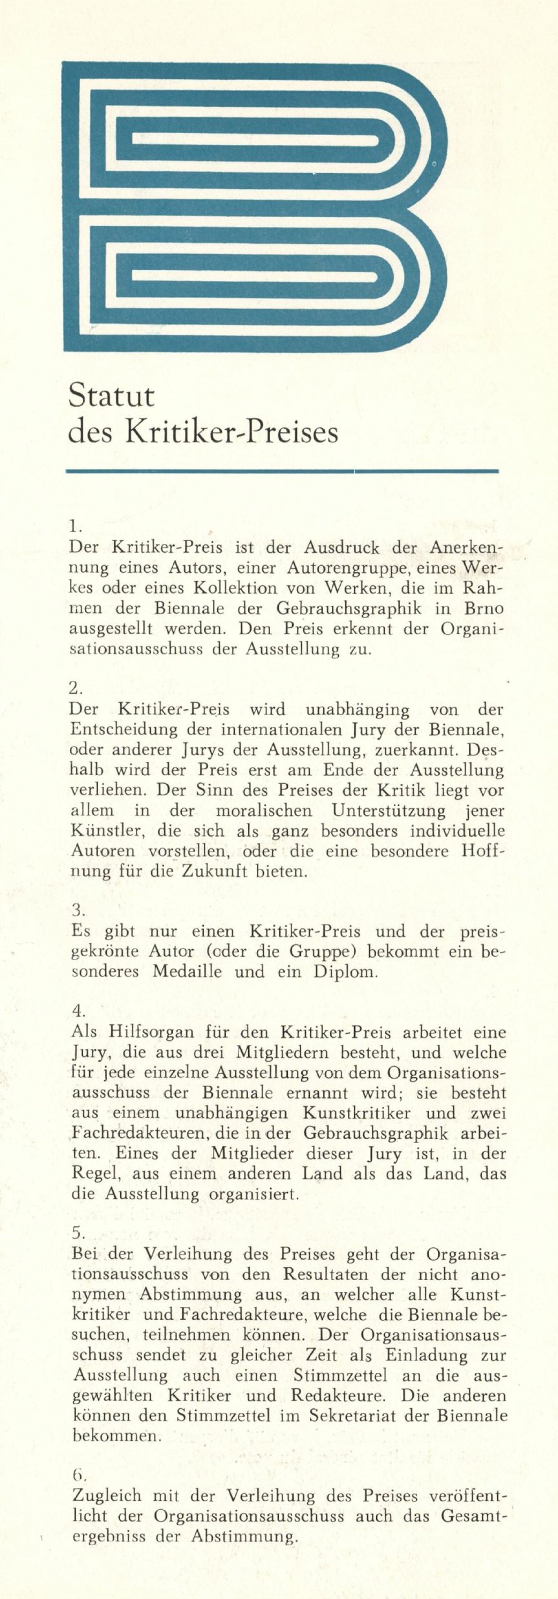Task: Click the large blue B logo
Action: pyautogui.click(x=255, y=207)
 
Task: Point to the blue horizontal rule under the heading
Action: pyautogui.click(x=282, y=472)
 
